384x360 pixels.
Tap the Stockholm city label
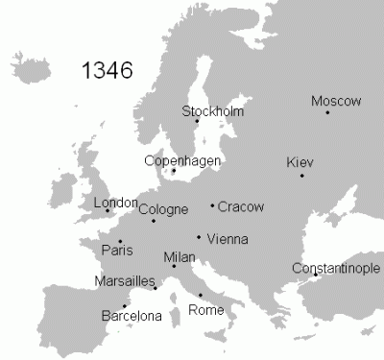click(x=213, y=110)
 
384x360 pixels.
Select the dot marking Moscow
click(x=327, y=113)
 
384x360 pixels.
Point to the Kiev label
click(x=300, y=162)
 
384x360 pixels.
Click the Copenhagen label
click(x=182, y=160)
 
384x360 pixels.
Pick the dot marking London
click(x=108, y=210)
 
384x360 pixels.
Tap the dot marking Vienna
click(x=199, y=237)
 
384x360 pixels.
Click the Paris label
click(x=116, y=252)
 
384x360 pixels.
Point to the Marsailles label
click(x=126, y=281)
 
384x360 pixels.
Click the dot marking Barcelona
click(x=125, y=305)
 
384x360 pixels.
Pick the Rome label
click(x=206, y=310)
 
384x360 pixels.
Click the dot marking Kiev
click(x=302, y=176)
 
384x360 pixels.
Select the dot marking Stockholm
click(x=197, y=120)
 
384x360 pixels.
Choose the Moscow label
click(x=336, y=101)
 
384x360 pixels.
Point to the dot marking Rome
click(x=201, y=295)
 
